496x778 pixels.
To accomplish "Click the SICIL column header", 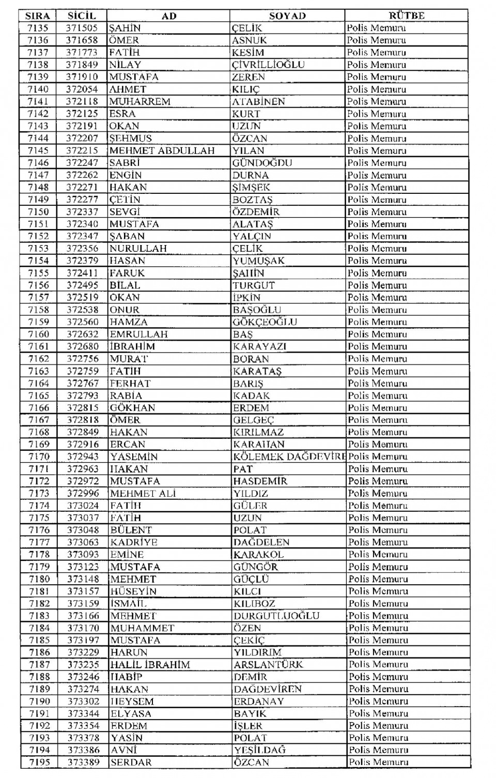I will pos(82,16).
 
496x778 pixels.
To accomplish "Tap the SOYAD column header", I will pos(287,16).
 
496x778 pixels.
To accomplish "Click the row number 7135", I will pos(38,28).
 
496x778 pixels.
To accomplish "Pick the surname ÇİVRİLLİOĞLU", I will pos(268,65).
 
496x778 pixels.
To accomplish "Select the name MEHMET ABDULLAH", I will pos(162,150).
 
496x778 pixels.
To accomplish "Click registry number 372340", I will pos(82,224).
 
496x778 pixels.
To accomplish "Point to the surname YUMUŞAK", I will pos(258,261).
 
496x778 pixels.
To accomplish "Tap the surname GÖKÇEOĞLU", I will pos(265,322).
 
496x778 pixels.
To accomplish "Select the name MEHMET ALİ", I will pos(143,493).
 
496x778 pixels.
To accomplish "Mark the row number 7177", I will pos(39,542).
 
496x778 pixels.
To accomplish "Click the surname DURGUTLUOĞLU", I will pos(276,616).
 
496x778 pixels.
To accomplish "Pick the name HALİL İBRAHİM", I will pos(150,664).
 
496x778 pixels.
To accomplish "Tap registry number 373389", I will pos(83,762).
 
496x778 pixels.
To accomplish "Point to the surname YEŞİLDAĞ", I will pos(259,750).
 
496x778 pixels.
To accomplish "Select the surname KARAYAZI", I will pos(259,346).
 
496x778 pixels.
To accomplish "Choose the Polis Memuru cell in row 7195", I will pos(378,762).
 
